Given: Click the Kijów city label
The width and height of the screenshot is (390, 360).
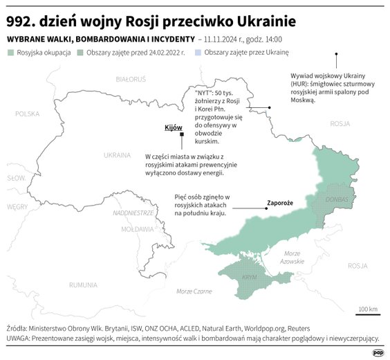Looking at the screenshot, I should pos(172,127).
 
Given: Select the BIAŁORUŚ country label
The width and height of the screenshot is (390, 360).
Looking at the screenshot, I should pos(130,80).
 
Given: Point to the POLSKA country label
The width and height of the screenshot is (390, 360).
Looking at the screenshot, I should pos(28,113).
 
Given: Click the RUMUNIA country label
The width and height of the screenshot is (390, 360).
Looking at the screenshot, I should pos(83,285).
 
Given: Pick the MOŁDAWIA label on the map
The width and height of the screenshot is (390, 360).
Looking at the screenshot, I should pos(137,228).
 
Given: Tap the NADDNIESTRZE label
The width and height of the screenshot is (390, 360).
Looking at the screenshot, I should pos(132,213).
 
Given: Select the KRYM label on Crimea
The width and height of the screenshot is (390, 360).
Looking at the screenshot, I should pos(250,276).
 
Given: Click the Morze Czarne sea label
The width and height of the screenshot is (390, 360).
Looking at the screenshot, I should pos(194,291).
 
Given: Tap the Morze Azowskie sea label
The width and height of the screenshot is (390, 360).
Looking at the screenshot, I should pos(293,257).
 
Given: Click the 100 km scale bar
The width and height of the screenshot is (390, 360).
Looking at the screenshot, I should pos(368,314).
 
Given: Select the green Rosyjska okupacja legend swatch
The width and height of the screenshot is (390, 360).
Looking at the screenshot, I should pos(10,53).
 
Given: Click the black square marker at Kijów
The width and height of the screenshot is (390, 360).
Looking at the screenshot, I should pos(182,142).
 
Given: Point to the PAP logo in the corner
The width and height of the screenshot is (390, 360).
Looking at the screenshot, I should pos(378,352).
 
